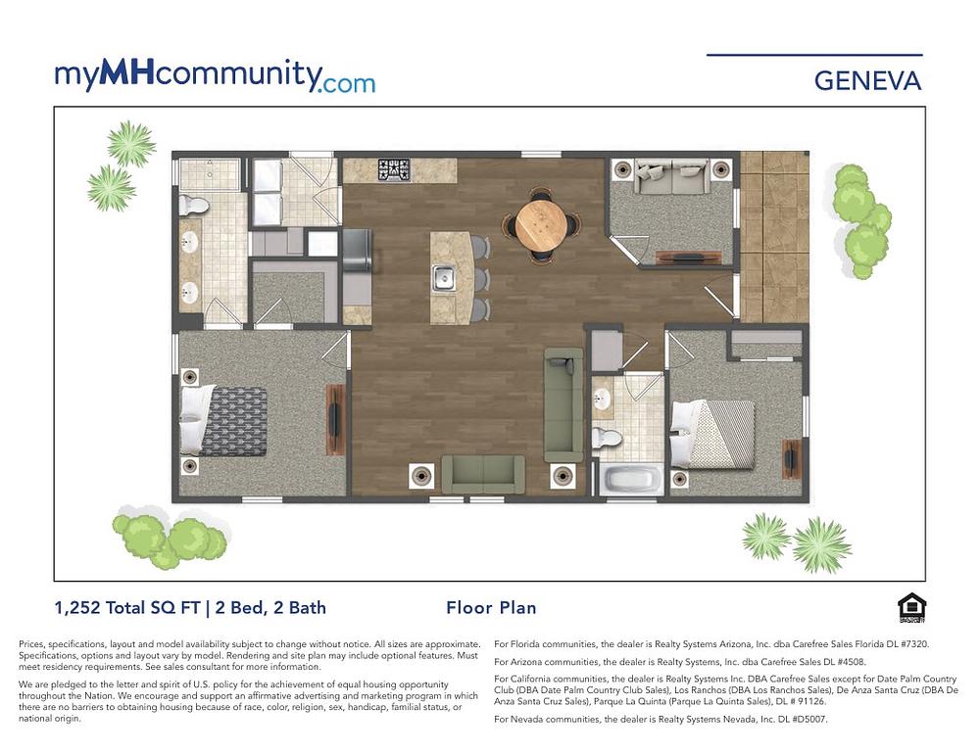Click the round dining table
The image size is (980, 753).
point(541,224)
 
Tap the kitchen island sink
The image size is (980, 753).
point(443,278)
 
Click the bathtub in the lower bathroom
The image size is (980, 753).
point(630,482)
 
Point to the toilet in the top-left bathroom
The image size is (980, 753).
point(195,206)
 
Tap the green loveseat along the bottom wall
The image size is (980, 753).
point(482,474)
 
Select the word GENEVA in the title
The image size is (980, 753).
point(867,81)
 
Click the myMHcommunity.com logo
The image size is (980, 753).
point(215,76)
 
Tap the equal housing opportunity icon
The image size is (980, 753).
point(911,608)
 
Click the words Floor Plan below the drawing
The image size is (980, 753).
point(491,608)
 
